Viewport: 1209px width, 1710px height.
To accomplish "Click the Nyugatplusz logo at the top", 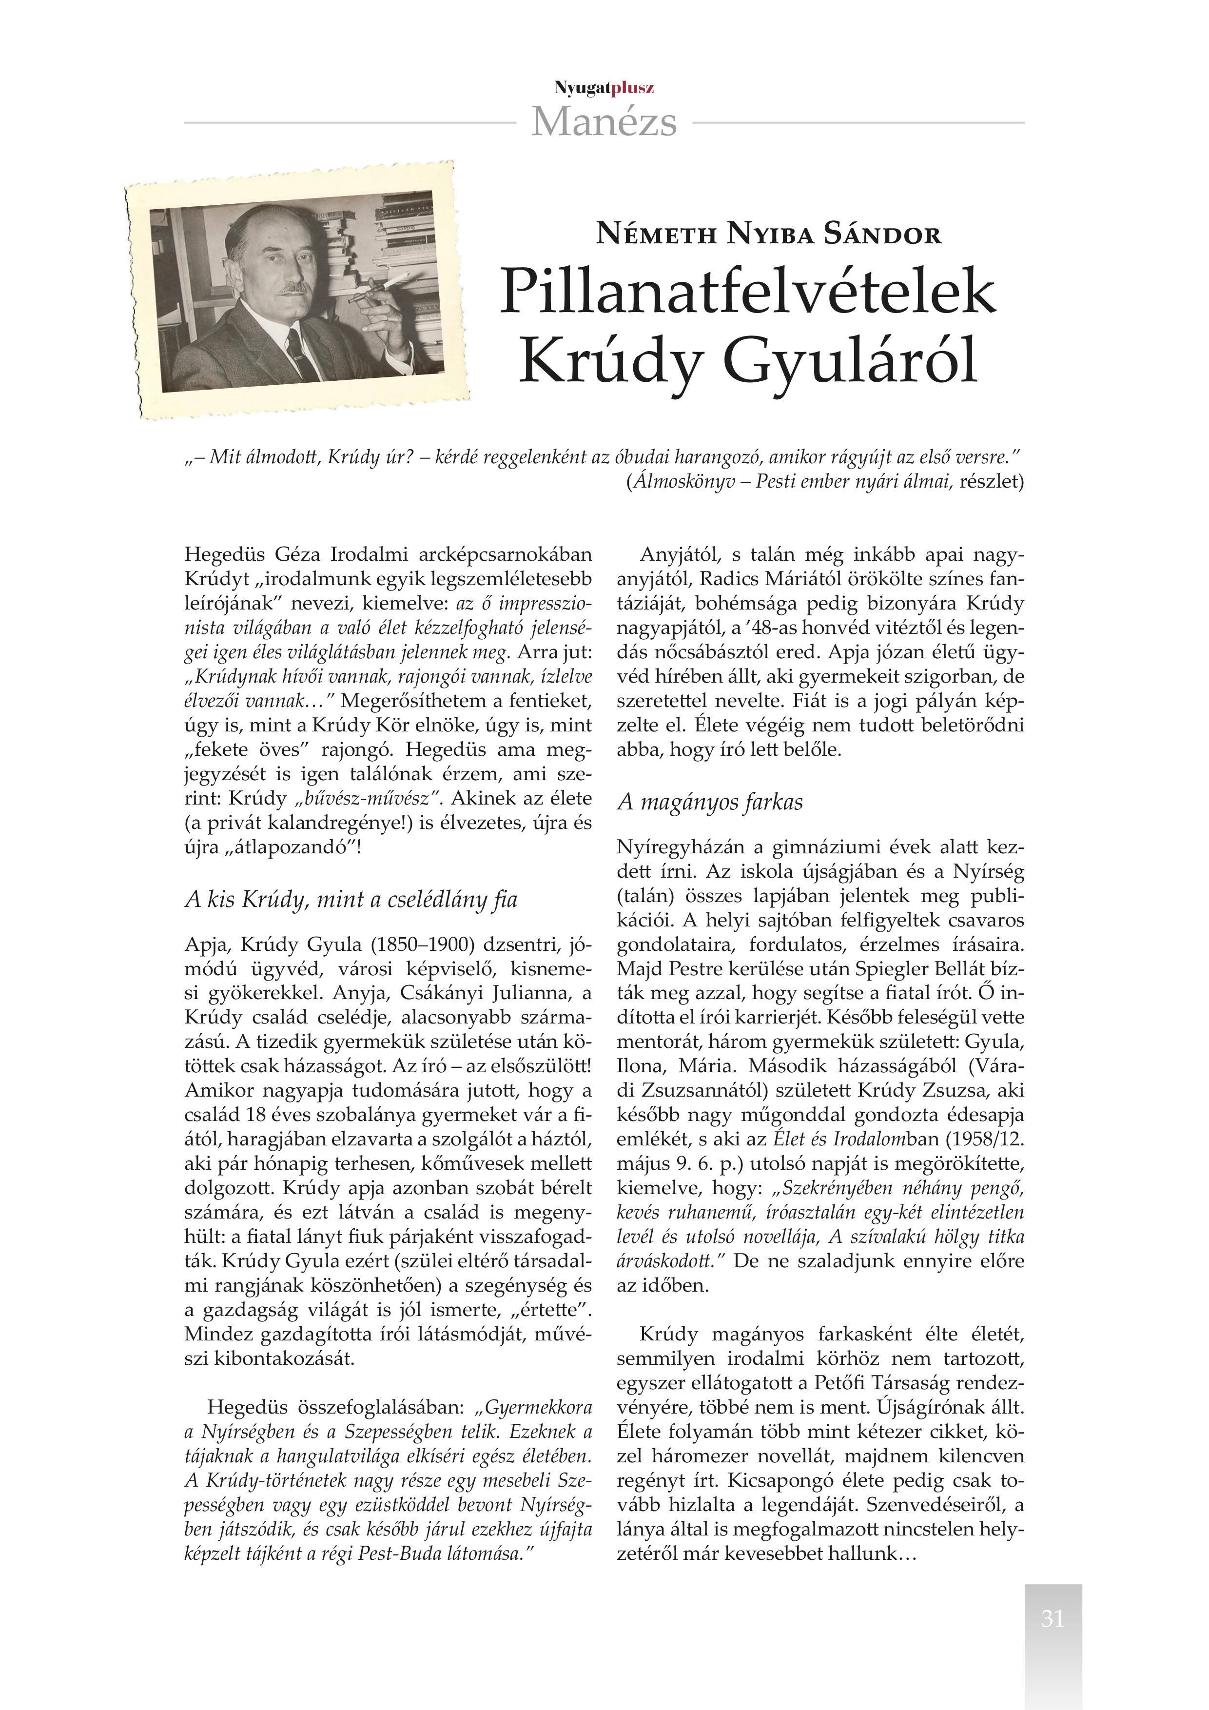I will [x=604, y=88].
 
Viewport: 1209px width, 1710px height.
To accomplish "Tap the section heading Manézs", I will [x=604, y=122].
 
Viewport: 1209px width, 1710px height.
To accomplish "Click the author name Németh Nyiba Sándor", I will [x=768, y=235].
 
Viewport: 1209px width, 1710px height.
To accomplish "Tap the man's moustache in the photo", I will [x=293, y=288].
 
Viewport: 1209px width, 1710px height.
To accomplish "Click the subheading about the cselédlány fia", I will [x=351, y=900].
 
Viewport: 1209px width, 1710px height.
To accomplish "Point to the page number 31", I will [x=1052, y=1618].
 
